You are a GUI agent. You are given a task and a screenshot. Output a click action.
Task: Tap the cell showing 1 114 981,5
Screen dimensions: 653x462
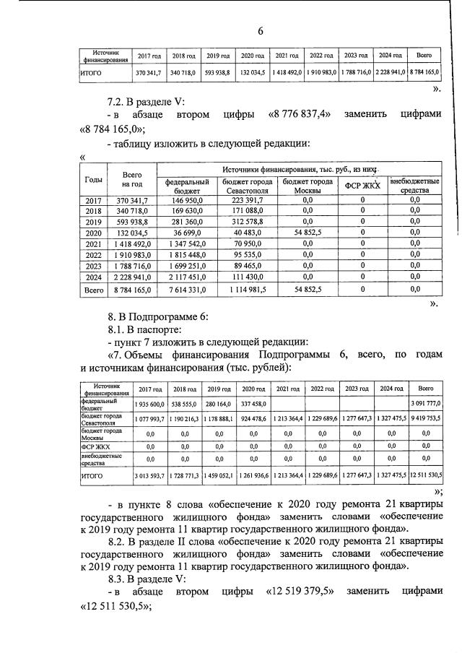(x=248, y=290)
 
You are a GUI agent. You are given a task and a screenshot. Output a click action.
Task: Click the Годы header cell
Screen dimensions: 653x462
(x=93, y=179)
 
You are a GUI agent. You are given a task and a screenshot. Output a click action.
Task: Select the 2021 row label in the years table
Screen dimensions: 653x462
(x=93, y=244)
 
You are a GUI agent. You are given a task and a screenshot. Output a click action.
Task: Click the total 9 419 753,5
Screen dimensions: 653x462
(x=425, y=418)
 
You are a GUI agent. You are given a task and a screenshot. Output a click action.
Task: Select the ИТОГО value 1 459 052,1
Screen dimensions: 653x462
(x=218, y=477)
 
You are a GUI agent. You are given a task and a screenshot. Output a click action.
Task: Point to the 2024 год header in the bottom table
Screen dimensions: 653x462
(x=391, y=388)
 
